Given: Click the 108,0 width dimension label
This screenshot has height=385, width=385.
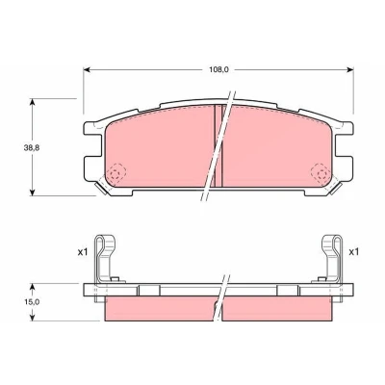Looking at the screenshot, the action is click(x=219, y=69).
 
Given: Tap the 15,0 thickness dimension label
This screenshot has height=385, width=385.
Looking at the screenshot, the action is click(x=31, y=301).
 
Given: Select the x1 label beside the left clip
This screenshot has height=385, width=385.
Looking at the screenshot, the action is click(x=83, y=252).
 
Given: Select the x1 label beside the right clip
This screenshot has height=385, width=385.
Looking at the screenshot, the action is click(x=353, y=252).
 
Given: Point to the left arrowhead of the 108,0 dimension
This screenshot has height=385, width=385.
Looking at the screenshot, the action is click(x=86, y=69).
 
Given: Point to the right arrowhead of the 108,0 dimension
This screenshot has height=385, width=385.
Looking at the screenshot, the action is click(x=350, y=69).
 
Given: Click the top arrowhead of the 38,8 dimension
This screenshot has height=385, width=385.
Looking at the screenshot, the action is click(x=32, y=101).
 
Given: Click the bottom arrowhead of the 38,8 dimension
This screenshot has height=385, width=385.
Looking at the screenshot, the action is click(x=32, y=192).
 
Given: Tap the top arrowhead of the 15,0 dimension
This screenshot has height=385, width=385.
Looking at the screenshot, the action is click(x=32, y=286).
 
